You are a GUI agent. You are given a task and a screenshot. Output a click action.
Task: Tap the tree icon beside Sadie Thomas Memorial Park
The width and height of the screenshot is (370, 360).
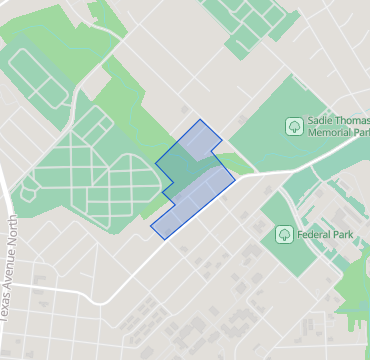[294, 126]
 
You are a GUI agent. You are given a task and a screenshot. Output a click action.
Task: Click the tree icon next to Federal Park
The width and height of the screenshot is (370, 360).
[284, 235]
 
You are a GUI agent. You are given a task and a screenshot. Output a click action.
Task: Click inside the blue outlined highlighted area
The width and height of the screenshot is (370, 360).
[194, 180]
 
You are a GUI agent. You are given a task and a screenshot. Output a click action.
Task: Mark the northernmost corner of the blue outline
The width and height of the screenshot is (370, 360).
[201, 120]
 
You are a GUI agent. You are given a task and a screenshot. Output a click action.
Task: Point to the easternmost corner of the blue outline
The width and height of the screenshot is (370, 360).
[236, 180]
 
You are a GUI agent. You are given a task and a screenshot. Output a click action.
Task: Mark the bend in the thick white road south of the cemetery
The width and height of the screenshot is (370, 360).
[97, 303]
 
